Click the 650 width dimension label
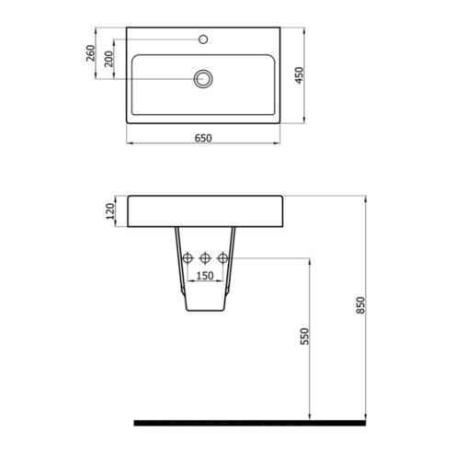coord(203,138)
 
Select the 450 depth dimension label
coord(299,75)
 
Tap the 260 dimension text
coord(91,53)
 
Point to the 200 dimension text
coord(109,59)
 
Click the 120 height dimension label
coord(110,211)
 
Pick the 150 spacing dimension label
coord(205,276)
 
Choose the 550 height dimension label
coord(305,336)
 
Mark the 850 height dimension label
coord(361,305)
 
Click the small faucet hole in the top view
coord(203,40)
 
